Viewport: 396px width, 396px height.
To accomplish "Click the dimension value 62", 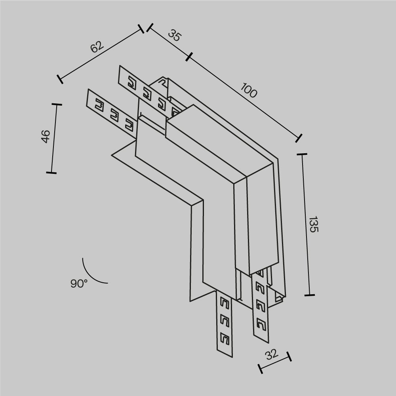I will click(97, 47).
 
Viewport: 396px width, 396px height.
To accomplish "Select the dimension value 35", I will click(174, 36).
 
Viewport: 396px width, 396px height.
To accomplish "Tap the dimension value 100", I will click(249, 92).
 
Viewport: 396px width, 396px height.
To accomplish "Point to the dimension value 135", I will click(313, 224).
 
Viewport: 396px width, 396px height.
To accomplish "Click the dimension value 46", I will click(46, 137).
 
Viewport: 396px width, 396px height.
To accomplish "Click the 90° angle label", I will click(79, 284).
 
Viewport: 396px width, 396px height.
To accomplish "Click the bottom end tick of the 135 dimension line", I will click(309, 295).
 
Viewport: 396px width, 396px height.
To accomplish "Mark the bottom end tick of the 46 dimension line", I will click(51, 173).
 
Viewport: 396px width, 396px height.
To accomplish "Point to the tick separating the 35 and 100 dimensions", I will click(188, 57).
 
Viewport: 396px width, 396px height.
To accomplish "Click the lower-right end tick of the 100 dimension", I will click(299, 138).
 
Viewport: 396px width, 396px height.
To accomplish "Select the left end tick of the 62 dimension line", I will click(60, 79).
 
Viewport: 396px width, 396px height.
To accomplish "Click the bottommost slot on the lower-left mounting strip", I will click(225, 339).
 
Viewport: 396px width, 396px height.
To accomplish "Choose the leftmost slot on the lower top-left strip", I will click(99, 106).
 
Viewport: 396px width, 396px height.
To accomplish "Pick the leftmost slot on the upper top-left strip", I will click(131, 83).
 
